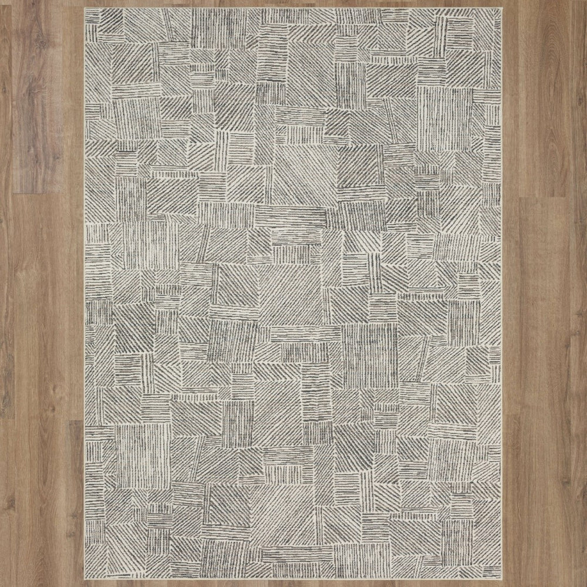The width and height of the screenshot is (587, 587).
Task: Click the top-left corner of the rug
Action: [x=85, y=8]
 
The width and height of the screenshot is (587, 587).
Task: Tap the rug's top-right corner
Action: [x=502, y=8]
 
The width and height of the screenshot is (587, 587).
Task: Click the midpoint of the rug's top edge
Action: [x=293, y=8]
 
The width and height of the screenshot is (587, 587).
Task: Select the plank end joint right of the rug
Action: [x=543, y=197]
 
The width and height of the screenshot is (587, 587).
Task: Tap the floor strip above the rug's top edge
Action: [x=293, y=4]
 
